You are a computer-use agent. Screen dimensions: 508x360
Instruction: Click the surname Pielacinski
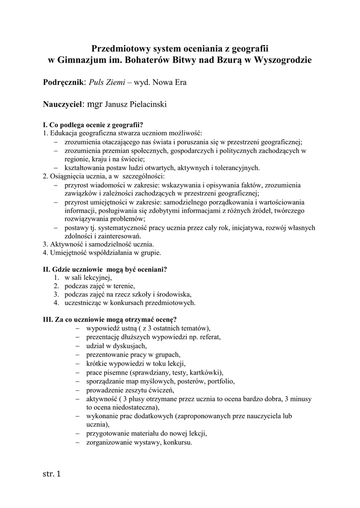(146, 105)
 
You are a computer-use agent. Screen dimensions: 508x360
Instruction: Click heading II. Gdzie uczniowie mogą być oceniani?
(105, 270)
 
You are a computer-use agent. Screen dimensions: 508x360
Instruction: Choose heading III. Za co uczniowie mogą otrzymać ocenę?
(110, 319)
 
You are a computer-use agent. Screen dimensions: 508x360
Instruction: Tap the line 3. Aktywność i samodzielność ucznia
(98, 245)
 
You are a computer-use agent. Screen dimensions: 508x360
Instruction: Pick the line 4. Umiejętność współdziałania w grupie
(102, 253)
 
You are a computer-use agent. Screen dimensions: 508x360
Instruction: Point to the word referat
(209, 336)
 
